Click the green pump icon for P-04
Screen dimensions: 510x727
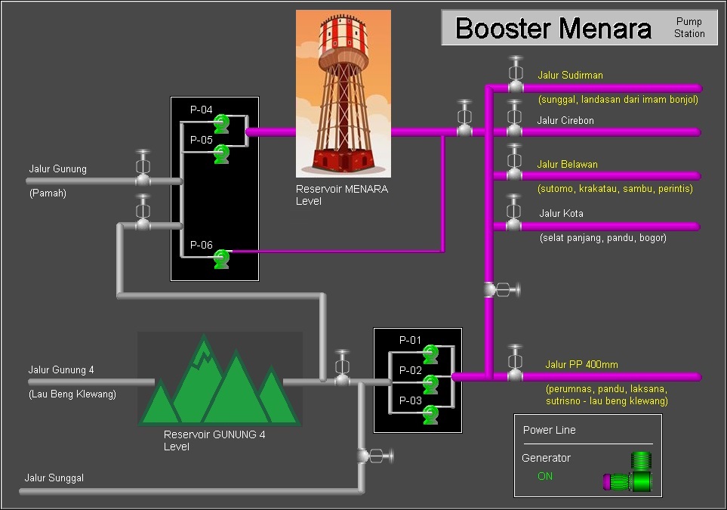pos(221,123)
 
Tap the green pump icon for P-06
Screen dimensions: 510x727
pos(221,258)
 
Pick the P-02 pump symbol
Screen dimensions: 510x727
pos(430,384)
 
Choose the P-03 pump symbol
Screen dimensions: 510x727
pos(430,413)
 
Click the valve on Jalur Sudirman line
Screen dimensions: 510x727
pos(515,79)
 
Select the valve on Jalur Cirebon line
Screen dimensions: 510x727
pos(515,122)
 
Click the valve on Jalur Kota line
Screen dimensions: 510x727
pos(514,217)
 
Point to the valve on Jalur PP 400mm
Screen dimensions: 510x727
pos(515,367)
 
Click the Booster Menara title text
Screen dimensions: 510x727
pos(553,29)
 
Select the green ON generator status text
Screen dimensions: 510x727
pos(545,476)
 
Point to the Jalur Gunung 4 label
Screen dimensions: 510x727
pos(61,370)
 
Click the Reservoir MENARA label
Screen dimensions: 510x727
pos(341,189)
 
